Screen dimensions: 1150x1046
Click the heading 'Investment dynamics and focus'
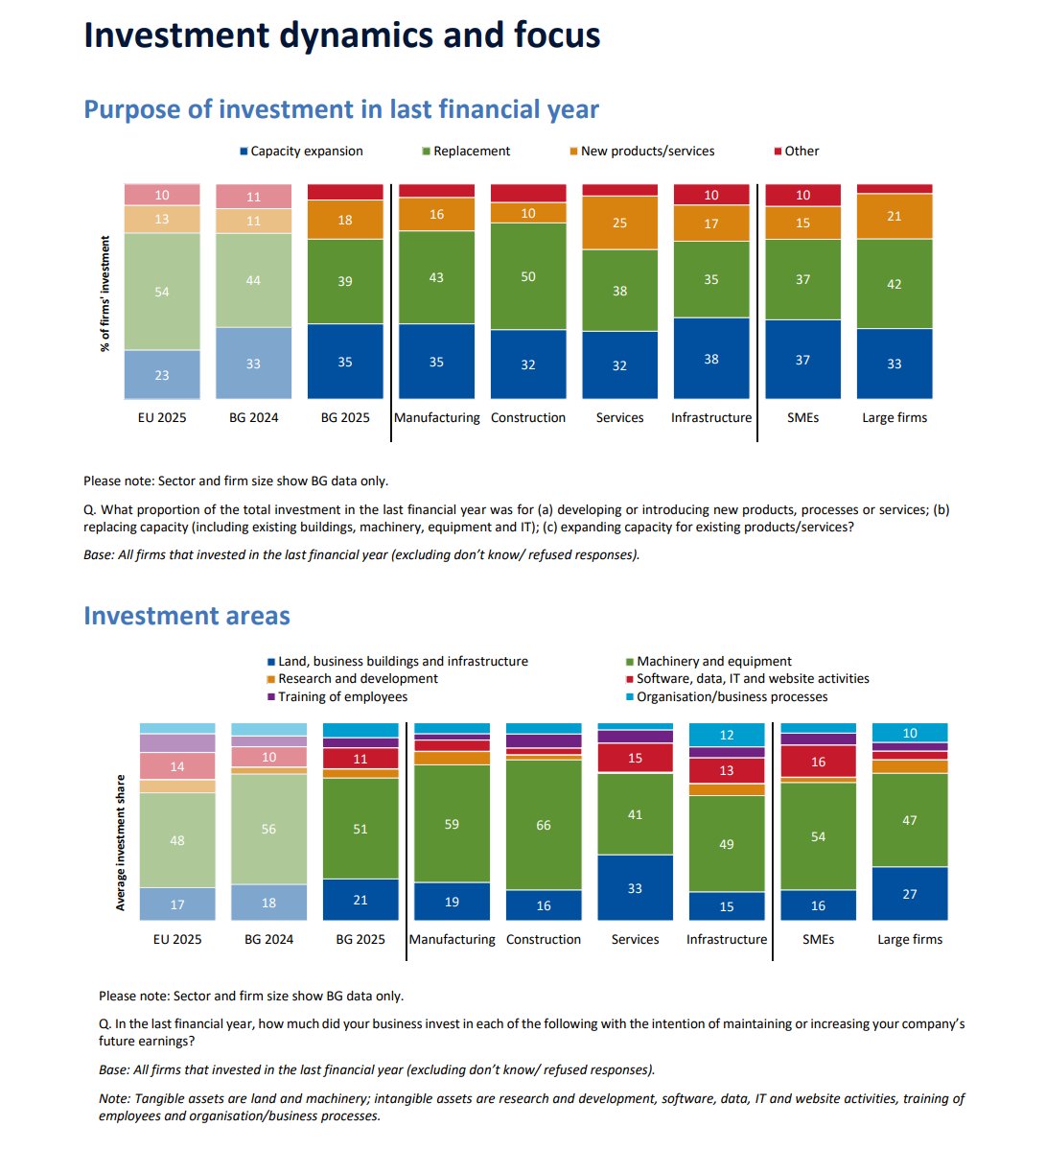(x=341, y=35)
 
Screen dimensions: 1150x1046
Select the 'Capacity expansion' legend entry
(x=306, y=152)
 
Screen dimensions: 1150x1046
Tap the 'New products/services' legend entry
(x=647, y=152)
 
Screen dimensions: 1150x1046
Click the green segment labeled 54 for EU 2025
(x=162, y=292)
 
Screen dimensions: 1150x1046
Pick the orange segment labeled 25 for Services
(x=619, y=223)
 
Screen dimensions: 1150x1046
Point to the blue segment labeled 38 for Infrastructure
(x=711, y=359)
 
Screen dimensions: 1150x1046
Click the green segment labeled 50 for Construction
(x=528, y=276)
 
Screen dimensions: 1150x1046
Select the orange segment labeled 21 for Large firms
(x=895, y=217)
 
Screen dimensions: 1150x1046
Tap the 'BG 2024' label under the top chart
(x=253, y=418)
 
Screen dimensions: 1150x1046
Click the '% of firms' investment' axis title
(x=105, y=293)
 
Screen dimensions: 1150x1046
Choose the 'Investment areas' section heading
(x=187, y=616)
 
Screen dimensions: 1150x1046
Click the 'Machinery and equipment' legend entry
(x=714, y=662)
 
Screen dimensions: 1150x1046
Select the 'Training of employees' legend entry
(x=342, y=697)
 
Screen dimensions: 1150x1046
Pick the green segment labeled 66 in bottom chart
(x=544, y=825)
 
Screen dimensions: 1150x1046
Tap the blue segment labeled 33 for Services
(x=635, y=888)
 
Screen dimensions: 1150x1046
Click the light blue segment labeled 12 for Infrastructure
(x=727, y=735)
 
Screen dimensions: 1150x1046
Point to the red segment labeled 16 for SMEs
(x=818, y=762)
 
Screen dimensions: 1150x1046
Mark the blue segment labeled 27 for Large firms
(x=910, y=894)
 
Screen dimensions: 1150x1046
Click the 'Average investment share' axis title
(x=121, y=842)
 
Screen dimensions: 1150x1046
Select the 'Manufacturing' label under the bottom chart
(x=452, y=940)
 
